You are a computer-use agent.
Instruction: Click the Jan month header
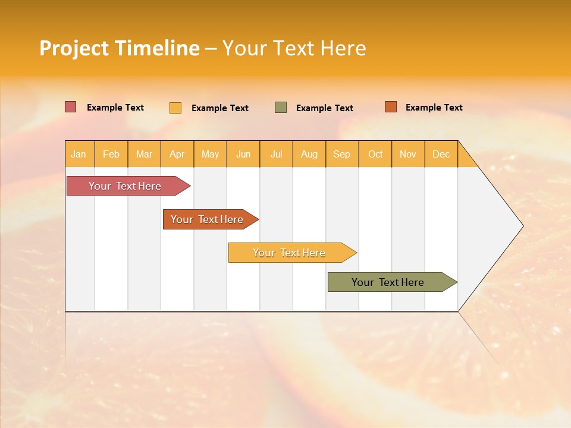click(x=79, y=154)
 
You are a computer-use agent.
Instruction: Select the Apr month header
click(x=177, y=154)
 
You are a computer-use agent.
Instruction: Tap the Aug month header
click(x=309, y=154)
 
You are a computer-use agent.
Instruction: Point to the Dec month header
click(x=441, y=154)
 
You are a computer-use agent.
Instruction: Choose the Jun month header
click(x=243, y=154)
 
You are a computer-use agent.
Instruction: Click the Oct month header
click(x=375, y=154)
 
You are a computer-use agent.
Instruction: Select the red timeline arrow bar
click(x=126, y=186)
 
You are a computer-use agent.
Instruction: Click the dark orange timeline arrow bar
click(x=208, y=219)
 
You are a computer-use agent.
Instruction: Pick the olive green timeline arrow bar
click(x=388, y=282)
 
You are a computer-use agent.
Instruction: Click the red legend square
click(x=70, y=107)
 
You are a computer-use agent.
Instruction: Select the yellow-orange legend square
click(x=175, y=108)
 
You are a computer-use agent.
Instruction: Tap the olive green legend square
click(x=281, y=107)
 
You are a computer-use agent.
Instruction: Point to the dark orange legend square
click(x=390, y=107)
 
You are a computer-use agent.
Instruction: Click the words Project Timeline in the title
click(x=119, y=48)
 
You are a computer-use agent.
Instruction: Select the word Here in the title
click(x=343, y=48)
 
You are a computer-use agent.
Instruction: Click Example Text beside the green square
click(x=324, y=108)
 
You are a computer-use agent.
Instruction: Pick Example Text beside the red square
click(x=115, y=108)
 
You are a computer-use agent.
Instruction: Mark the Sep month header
click(x=342, y=154)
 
